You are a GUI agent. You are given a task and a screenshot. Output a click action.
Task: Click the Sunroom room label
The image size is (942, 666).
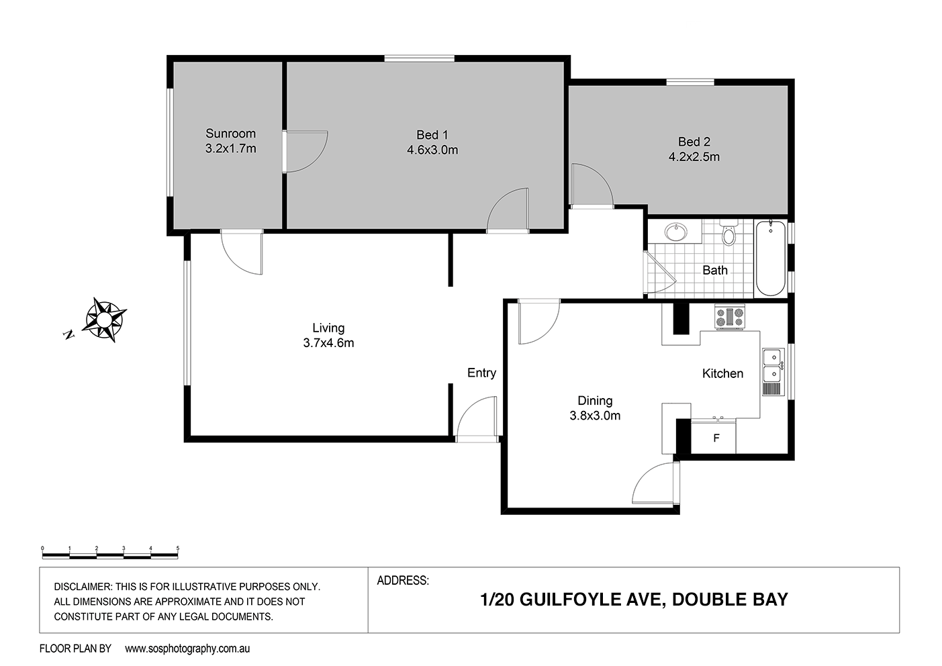pyautogui.click(x=230, y=134)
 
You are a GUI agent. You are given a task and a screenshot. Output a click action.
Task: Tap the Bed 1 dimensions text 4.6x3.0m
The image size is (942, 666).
pyautogui.click(x=432, y=150)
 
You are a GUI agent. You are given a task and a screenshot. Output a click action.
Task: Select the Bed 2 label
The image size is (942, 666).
pyautogui.click(x=694, y=142)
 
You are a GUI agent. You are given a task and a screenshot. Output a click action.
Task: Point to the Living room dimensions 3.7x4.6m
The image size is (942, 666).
pyautogui.click(x=328, y=343)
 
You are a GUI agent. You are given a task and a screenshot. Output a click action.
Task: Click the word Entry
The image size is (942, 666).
pyautogui.click(x=481, y=373)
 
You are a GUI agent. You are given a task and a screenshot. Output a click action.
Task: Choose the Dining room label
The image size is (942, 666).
pyautogui.click(x=594, y=401)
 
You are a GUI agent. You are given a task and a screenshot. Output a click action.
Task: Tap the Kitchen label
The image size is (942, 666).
pyautogui.click(x=722, y=374)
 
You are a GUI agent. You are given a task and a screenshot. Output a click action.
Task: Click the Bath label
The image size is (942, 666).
pyautogui.click(x=714, y=271)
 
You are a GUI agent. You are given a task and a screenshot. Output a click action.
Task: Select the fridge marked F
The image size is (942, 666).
pyautogui.click(x=716, y=438)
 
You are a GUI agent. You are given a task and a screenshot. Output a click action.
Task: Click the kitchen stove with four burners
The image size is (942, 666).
pyautogui.click(x=729, y=317)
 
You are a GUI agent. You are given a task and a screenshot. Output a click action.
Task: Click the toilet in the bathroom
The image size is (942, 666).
pyautogui.click(x=728, y=234)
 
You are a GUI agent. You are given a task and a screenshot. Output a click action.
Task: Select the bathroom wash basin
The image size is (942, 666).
pyautogui.click(x=675, y=233)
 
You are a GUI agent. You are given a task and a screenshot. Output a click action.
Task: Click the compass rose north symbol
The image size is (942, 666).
pyautogui.click(x=104, y=320)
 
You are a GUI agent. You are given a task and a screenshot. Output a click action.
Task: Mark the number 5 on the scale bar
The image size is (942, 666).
pyautogui.click(x=177, y=549)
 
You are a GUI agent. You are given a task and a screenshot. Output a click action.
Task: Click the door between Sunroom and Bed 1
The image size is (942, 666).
pyautogui.click(x=303, y=151)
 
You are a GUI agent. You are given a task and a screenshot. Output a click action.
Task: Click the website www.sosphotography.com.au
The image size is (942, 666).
pyautogui.click(x=187, y=649)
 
